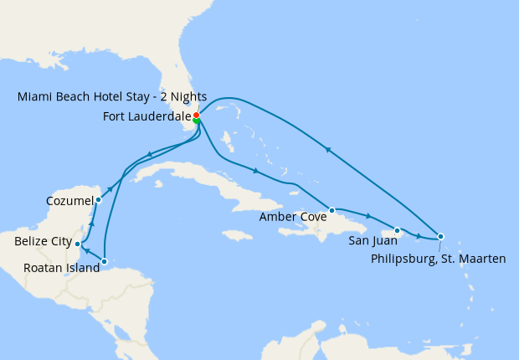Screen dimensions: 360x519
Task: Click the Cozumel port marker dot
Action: coord(99,199)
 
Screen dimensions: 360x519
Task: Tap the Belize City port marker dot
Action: coord(78,244)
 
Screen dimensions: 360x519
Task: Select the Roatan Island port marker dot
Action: coord(104,261)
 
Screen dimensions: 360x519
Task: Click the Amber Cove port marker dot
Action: coord(332,210)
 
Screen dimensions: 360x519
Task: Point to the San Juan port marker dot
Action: coord(396,230)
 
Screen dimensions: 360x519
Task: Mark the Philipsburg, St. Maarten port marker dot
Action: coord(440,236)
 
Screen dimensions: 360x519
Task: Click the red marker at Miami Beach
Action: coord(196,115)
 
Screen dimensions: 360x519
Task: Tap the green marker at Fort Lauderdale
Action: coord(197,121)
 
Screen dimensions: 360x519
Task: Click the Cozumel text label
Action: coord(70,201)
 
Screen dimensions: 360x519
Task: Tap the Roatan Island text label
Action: coord(57,268)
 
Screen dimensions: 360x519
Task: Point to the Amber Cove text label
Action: coord(292,217)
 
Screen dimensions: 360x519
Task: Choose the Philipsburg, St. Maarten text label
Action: coord(438,260)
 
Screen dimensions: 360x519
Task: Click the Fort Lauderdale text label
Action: coord(146,116)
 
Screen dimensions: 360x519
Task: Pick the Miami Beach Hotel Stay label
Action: coord(112,96)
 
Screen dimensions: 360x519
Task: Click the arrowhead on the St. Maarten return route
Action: coord(329,151)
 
